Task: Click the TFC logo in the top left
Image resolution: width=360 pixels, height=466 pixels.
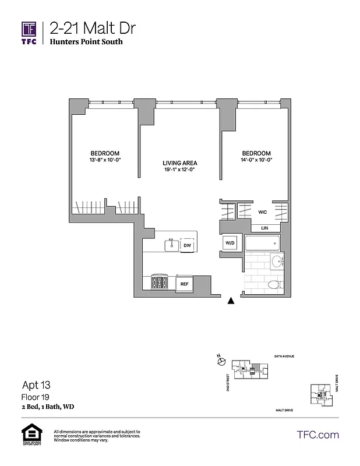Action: point(29,32)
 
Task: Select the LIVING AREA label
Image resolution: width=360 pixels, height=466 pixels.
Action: point(179,163)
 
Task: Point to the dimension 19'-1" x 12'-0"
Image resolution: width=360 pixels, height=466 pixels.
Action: point(179,171)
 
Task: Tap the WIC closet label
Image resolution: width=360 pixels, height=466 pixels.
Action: point(263,213)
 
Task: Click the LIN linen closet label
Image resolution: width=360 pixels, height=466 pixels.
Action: point(264,228)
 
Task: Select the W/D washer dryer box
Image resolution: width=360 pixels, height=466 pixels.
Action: point(228,243)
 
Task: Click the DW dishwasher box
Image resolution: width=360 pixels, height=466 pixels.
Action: point(187,246)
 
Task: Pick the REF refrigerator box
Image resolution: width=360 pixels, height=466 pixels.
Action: point(184,284)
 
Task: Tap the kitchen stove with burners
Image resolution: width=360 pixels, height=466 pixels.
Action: point(160,283)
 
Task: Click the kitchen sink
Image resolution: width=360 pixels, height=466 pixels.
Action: point(171,245)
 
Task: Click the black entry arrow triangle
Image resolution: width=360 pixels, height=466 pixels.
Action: point(231,301)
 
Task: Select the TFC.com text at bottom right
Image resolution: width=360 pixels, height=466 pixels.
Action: point(318,435)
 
